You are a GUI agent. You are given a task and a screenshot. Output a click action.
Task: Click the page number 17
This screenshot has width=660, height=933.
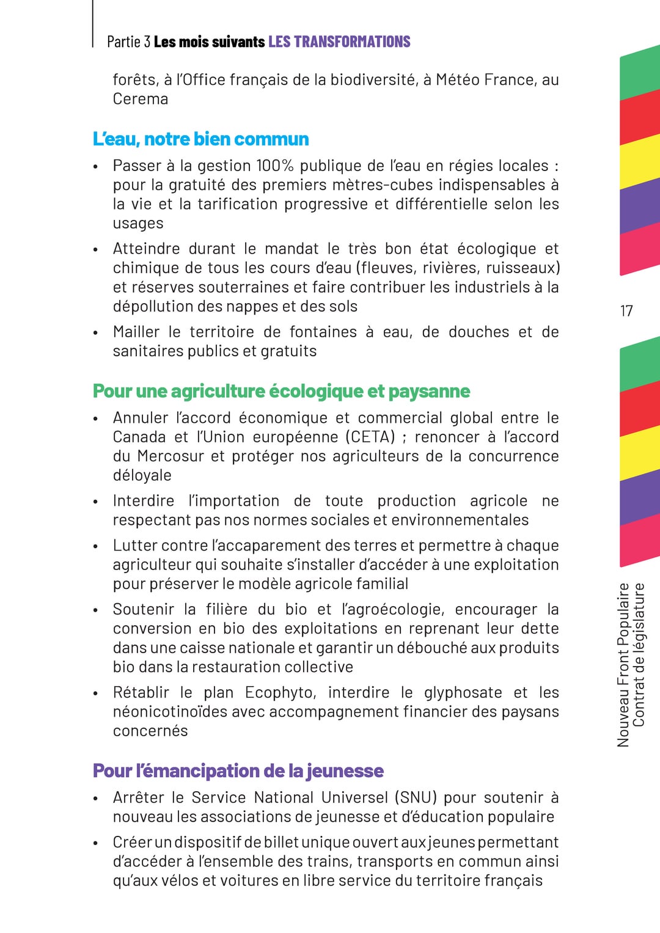[x=626, y=311]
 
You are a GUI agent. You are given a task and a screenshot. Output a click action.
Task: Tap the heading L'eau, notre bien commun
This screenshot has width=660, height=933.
[x=200, y=139]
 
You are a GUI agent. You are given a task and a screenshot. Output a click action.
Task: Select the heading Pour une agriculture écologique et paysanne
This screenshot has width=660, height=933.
[x=281, y=391]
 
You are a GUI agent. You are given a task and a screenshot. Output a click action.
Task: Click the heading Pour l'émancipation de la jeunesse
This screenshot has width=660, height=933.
[x=238, y=771]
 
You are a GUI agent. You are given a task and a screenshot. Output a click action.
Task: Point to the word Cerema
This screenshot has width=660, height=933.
[x=140, y=99]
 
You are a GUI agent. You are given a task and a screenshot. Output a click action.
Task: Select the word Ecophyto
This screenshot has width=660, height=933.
[x=280, y=693]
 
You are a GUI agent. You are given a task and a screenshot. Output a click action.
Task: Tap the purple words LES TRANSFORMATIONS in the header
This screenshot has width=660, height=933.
[x=339, y=42]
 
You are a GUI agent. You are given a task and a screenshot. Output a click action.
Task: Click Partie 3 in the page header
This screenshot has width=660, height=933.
[x=128, y=42]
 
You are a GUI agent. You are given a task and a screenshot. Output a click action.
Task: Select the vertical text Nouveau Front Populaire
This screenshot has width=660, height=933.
[x=623, y=665]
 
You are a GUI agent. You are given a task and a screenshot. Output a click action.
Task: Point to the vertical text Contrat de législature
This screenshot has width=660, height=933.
[x=639, y=655]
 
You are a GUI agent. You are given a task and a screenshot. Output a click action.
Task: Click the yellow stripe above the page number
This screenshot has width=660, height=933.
[x=640, y=162]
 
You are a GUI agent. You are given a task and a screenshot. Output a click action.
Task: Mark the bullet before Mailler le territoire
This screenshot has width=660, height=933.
[x=95, y=333]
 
